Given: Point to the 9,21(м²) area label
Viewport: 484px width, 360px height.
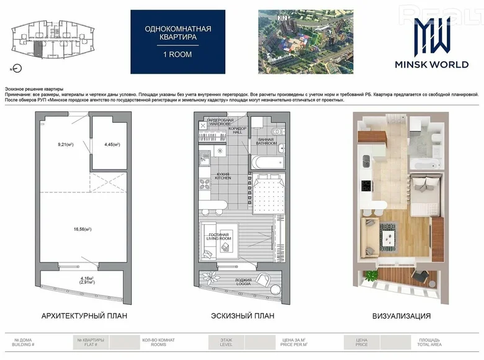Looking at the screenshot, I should click(65, 145).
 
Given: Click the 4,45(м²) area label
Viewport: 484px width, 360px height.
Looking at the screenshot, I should click(112, 145).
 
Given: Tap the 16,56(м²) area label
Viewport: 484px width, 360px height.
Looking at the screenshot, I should click(82, 229).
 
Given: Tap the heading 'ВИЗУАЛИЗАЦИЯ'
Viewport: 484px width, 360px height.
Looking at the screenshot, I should click(401, 316).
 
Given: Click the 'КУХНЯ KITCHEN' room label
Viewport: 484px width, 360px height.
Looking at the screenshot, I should click(223, 176).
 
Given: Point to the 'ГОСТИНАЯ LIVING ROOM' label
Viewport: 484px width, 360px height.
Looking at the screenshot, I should click(218, 236).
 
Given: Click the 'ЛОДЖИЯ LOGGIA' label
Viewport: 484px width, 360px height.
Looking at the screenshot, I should click(243, 281).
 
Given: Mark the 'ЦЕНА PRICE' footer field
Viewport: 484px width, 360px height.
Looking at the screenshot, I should click(362, 341).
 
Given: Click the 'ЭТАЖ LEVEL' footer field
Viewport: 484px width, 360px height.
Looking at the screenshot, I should click(226, 341).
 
